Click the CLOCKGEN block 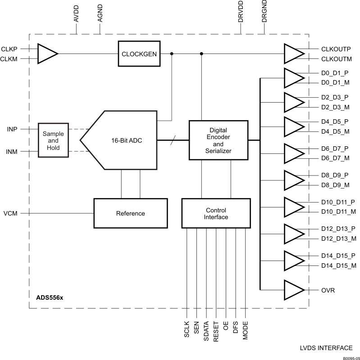click(x=139, y=54)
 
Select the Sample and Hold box click(x=53, y=140)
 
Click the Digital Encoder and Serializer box click(x=219, y=140)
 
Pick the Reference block click(x=130, y=213)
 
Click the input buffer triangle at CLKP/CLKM click(x=46, y=54)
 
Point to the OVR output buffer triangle click(x=294, y=290)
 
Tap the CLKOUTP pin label click(x=336, y=49)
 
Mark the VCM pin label click(x=10, y=213)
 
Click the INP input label click(x=12, y=129)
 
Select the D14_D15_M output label click(x=338, y=265)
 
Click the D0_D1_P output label click(x=335, y=73)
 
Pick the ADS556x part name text click(x=50, y=297)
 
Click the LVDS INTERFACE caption click(x=326, y=348)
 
